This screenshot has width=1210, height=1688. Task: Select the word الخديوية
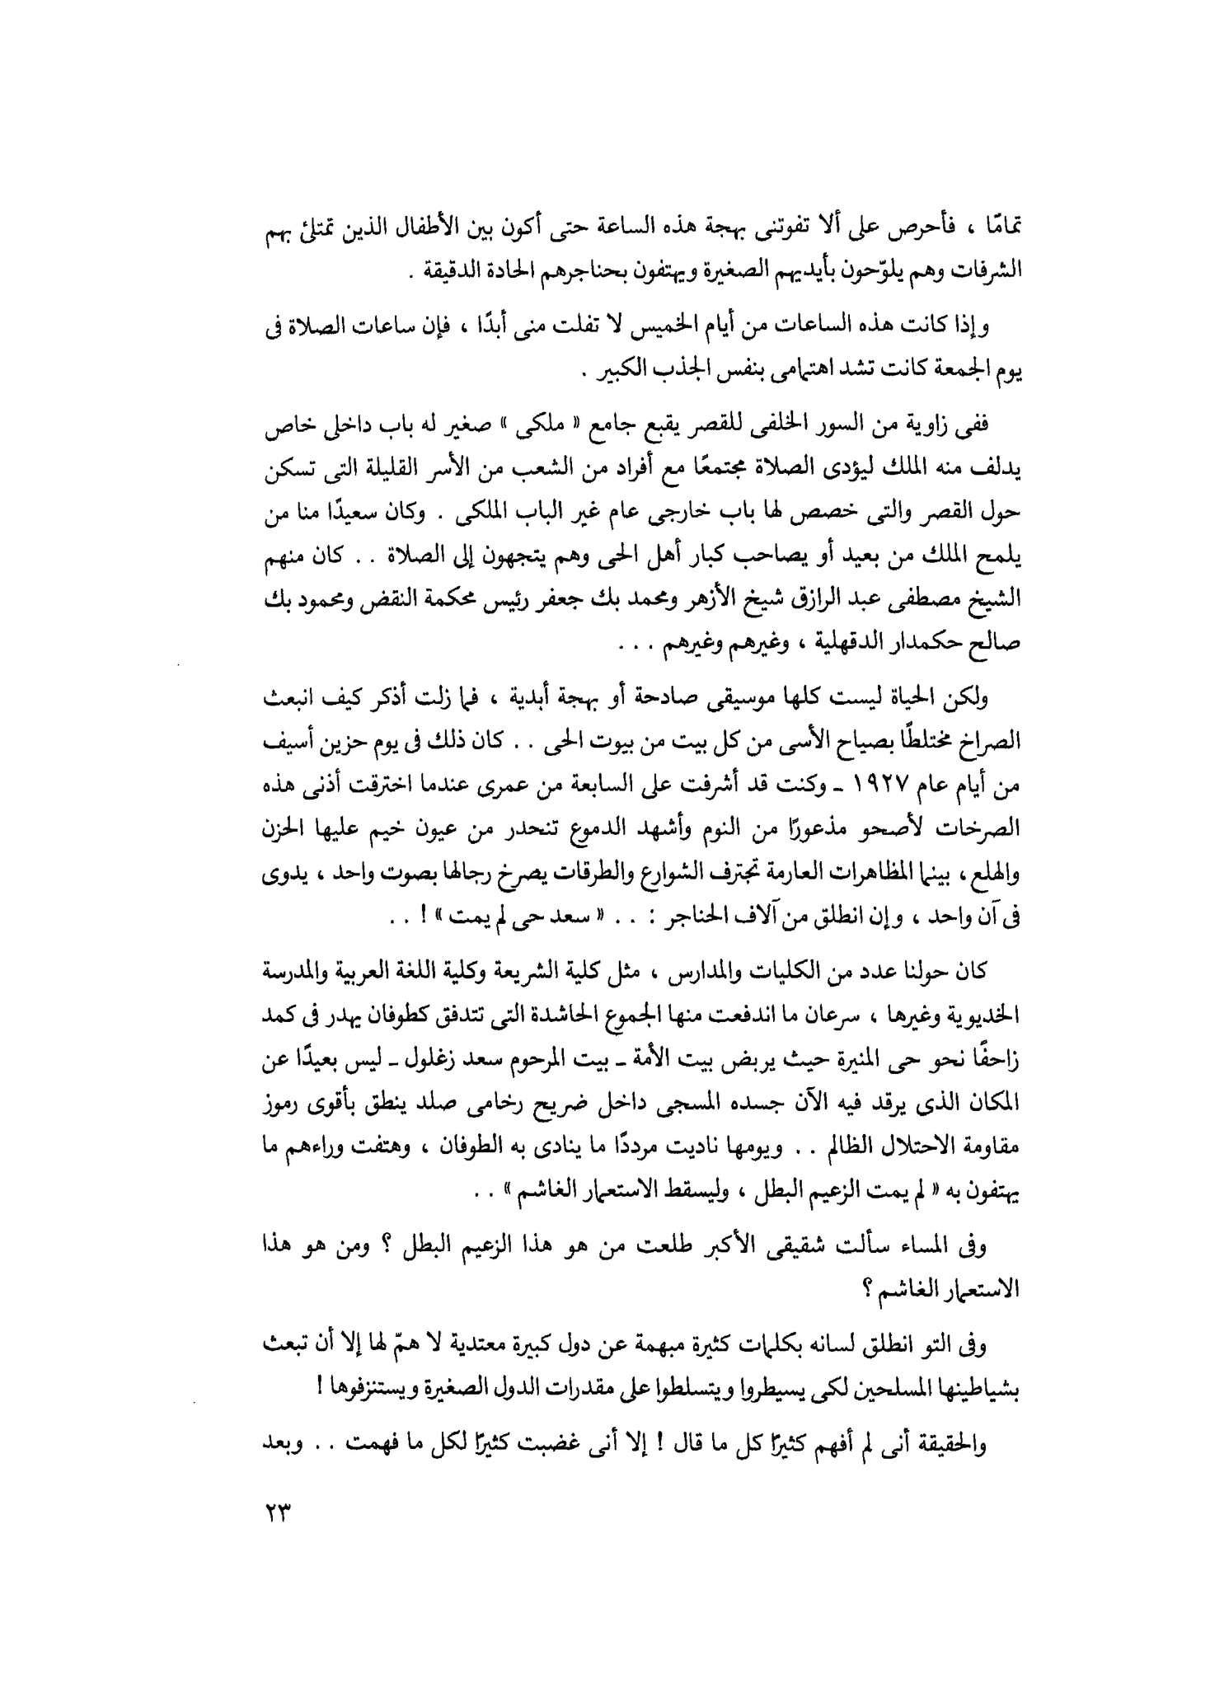click(978, 1019)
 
